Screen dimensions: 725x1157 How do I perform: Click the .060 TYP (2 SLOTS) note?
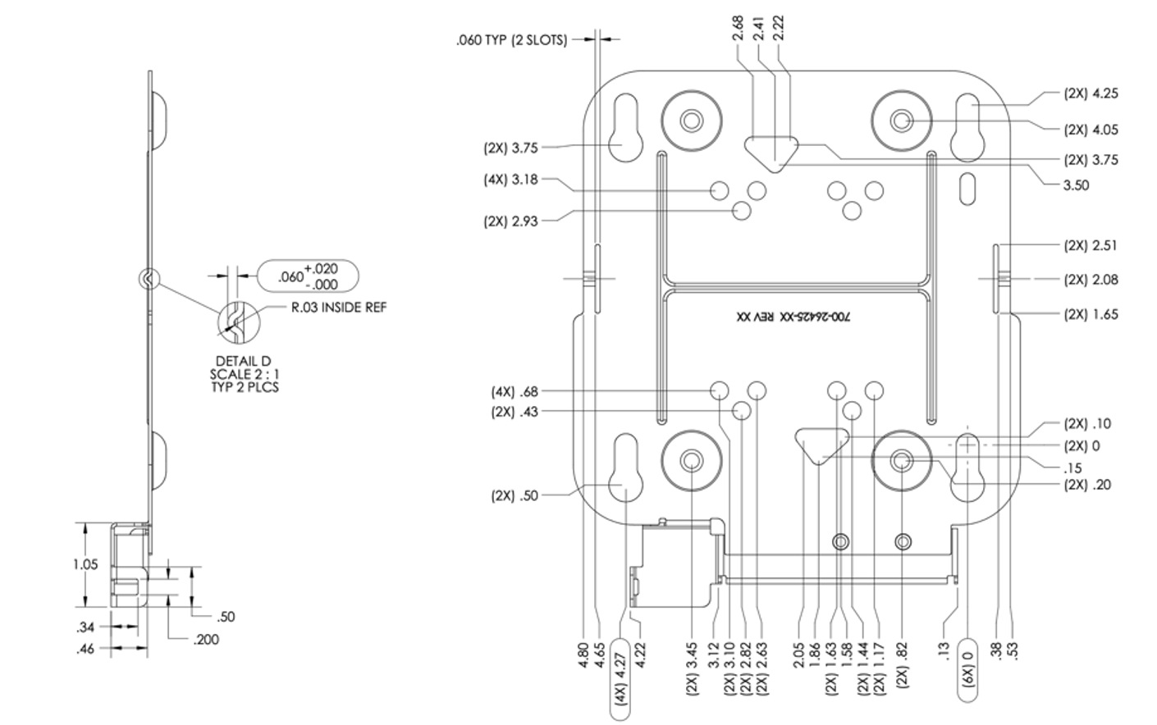coord(511,39)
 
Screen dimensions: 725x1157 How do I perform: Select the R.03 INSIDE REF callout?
coord(338,308)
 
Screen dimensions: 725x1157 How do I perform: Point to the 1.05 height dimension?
coord(85,564)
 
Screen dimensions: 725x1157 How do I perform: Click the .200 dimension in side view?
coord(205,639)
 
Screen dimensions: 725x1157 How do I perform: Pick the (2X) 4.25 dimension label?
coord(1091,93)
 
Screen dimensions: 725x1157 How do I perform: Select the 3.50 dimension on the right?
coord(1076,185)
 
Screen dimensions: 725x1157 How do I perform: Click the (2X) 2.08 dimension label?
coord(1091,280)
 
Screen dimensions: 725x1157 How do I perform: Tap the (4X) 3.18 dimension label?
coord(510,180)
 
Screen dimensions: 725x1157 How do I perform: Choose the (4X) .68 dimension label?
coord(514,391)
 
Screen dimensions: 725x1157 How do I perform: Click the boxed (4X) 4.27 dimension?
coord(620,677)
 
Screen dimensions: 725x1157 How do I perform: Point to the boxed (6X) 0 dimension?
coord(967,669)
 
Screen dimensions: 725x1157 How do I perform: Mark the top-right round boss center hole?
coord(902,121)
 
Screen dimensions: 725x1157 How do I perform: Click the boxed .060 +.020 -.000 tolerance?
coord(308,276)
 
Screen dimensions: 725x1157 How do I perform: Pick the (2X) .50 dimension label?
coord(514,495)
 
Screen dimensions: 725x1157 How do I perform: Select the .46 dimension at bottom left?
coord(85,650)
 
